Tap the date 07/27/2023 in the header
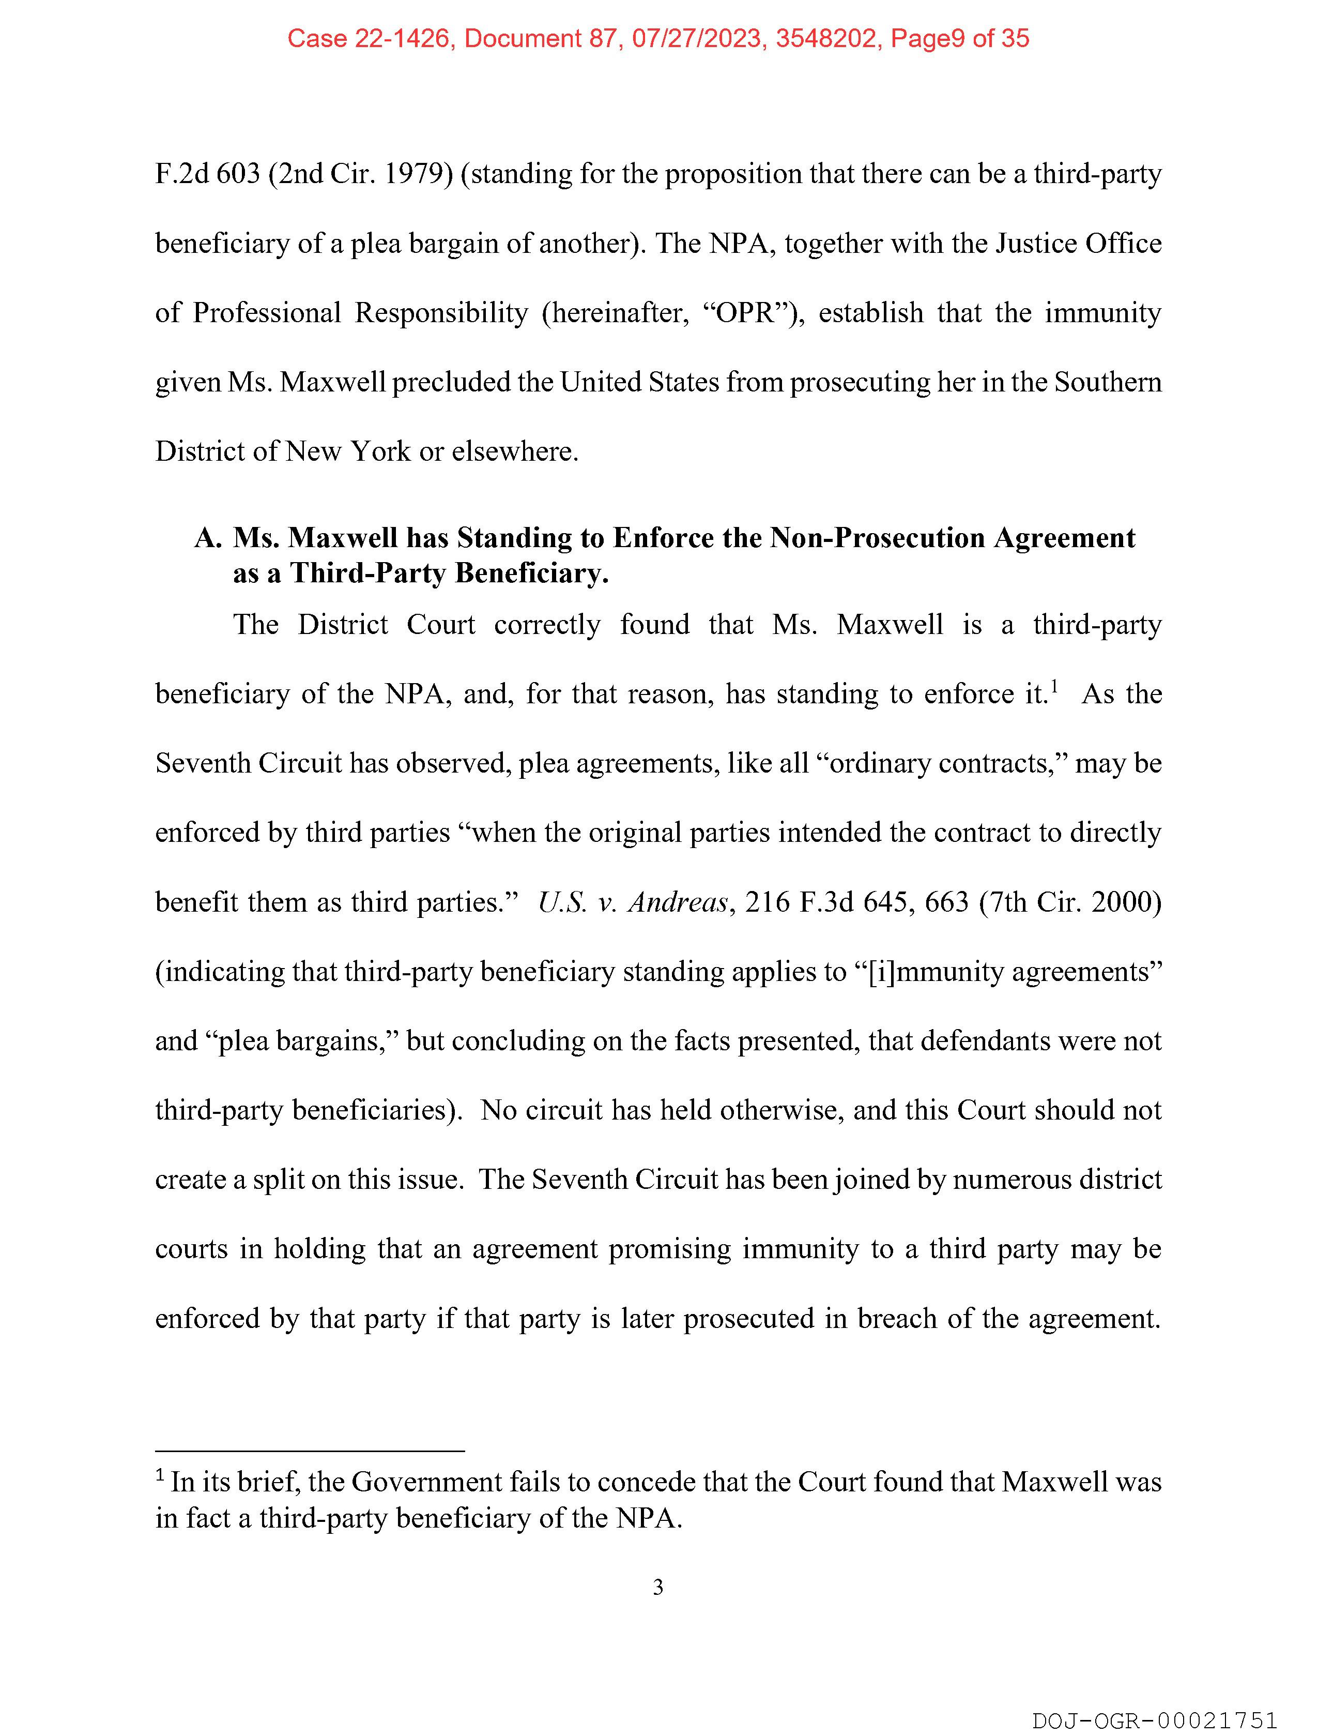(x=697, y=38)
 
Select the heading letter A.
(x=207, y=538)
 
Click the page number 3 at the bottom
(x=658, y=1587)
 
